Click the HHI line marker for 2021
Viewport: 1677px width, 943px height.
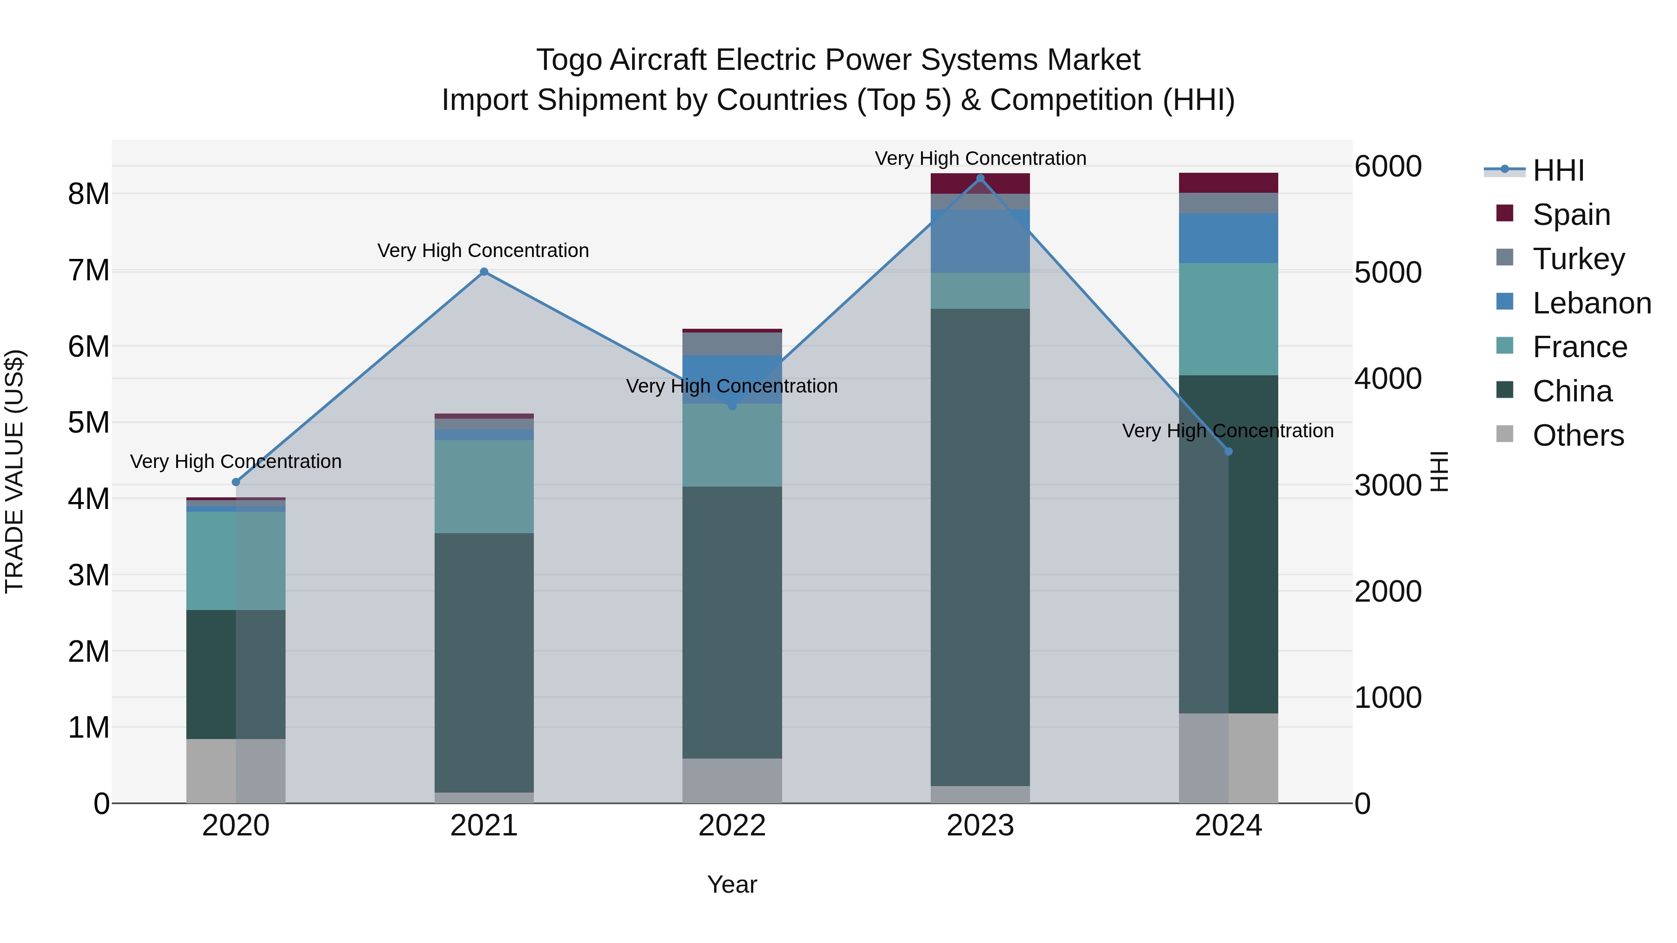(x=484, y=271)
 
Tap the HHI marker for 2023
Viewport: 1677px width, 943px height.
(x=981, y=178)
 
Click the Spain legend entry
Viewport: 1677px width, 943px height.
(x=1570, y=214)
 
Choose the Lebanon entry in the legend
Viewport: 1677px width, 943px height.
(x=1591, y=303)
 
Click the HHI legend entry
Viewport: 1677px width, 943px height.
(x=1557, y=170)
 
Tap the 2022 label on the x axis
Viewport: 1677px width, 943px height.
(x=732, y=826)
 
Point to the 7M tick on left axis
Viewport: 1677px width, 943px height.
(x=89, y=271)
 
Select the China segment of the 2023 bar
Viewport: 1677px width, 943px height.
(x=981, y=547)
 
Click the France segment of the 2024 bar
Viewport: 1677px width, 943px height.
(x=1228, y=319)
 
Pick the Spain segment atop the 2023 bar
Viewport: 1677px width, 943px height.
(x=981, y=183)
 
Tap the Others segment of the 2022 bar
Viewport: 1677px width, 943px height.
(x=732, y=780)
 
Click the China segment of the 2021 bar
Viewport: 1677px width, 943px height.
(x=484, y=663)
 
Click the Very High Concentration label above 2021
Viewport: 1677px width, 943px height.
(x=483, y=251)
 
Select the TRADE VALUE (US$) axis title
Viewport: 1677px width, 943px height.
(x=14, y=471)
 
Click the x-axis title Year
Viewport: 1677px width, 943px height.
(x=732, y=884)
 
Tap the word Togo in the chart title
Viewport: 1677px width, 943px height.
(x=568, y=60)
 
